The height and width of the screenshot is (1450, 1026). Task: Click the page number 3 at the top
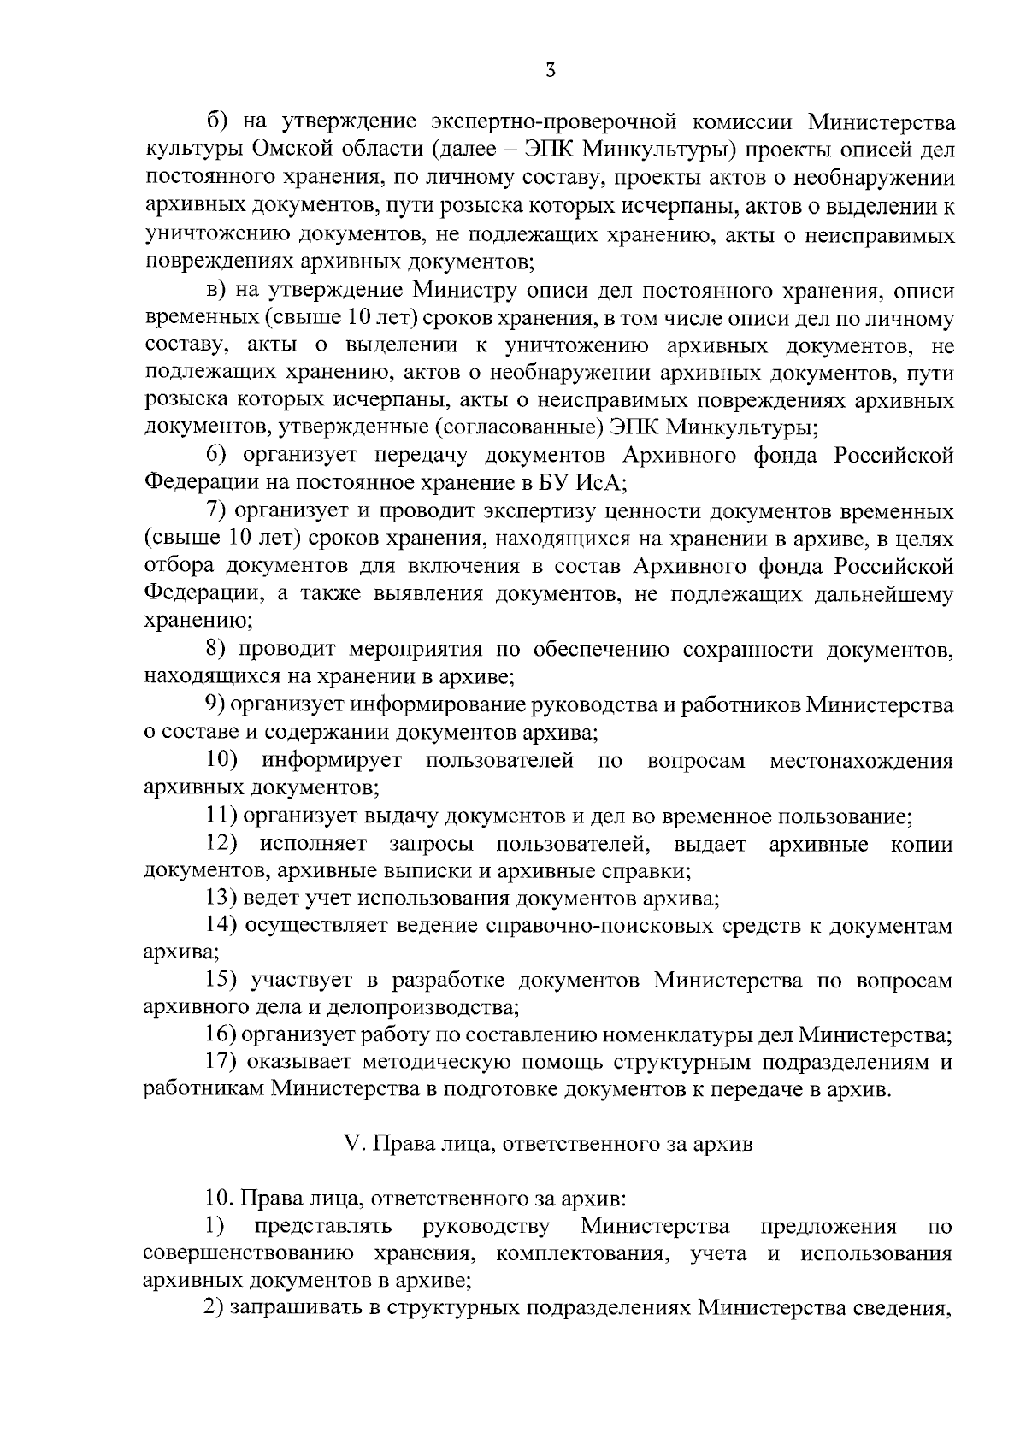point(551,71)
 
